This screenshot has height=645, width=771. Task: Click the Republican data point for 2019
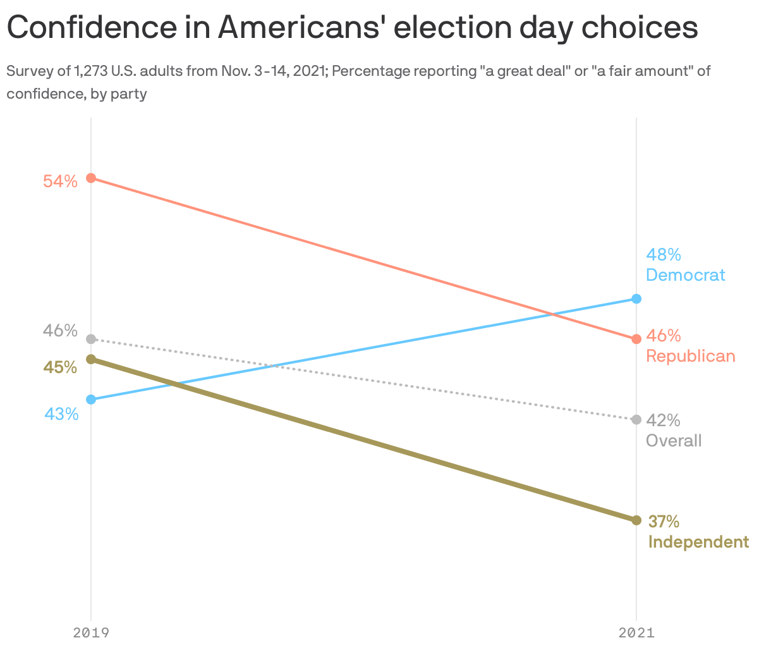pos(91,178)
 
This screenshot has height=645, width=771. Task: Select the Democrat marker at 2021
pos(636,298)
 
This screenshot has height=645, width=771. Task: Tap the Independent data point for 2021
pos(636,520)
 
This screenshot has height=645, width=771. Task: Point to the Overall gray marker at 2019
pos(91,339)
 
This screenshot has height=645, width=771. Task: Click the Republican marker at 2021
pos(636,339)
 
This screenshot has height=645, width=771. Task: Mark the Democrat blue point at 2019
pos(91,399)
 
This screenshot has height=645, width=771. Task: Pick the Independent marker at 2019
pos(91,359)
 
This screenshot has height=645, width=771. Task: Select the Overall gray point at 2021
pos(636,419)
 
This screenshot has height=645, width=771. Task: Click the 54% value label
pos(60,181)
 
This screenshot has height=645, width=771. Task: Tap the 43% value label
pos(61,414)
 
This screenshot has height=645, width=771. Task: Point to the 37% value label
pos(664,522)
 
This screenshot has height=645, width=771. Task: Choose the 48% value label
pos(663,255)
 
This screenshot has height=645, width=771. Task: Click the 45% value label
pos(60,367)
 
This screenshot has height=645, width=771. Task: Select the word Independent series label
pos(698,542)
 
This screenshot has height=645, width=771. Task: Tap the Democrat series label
pos(685,275)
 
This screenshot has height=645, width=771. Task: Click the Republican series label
pos(690,356)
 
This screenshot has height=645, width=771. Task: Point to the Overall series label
pos(674,441)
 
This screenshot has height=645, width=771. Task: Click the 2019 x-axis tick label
pos(91,632)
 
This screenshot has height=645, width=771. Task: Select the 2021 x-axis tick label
pos(636,632)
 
